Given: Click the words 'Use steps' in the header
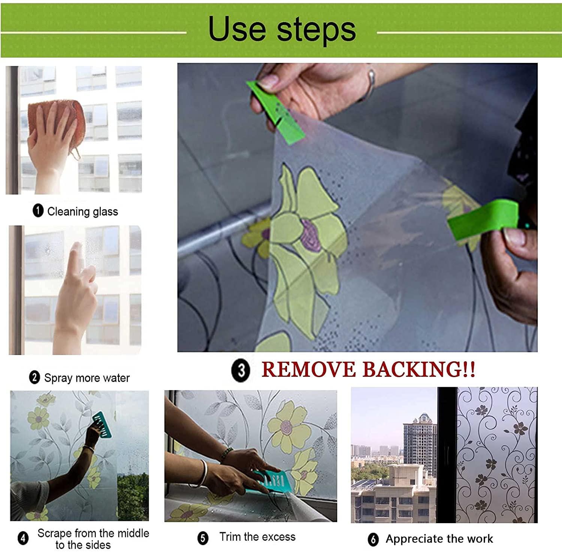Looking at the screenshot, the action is tap(282, 29).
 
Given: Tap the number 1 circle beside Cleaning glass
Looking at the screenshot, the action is tap(38, 211).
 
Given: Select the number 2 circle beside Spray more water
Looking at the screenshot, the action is tap(34, 377).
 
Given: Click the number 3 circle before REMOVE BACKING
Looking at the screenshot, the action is tap(241, 370).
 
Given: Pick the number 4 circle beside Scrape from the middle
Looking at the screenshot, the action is tap(23, 539).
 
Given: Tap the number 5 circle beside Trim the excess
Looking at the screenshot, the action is tap(203, 538).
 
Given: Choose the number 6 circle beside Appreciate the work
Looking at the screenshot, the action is tap(373, 539).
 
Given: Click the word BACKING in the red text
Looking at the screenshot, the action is tap(412, 370).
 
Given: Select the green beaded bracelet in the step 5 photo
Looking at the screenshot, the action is tap(226, 454).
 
